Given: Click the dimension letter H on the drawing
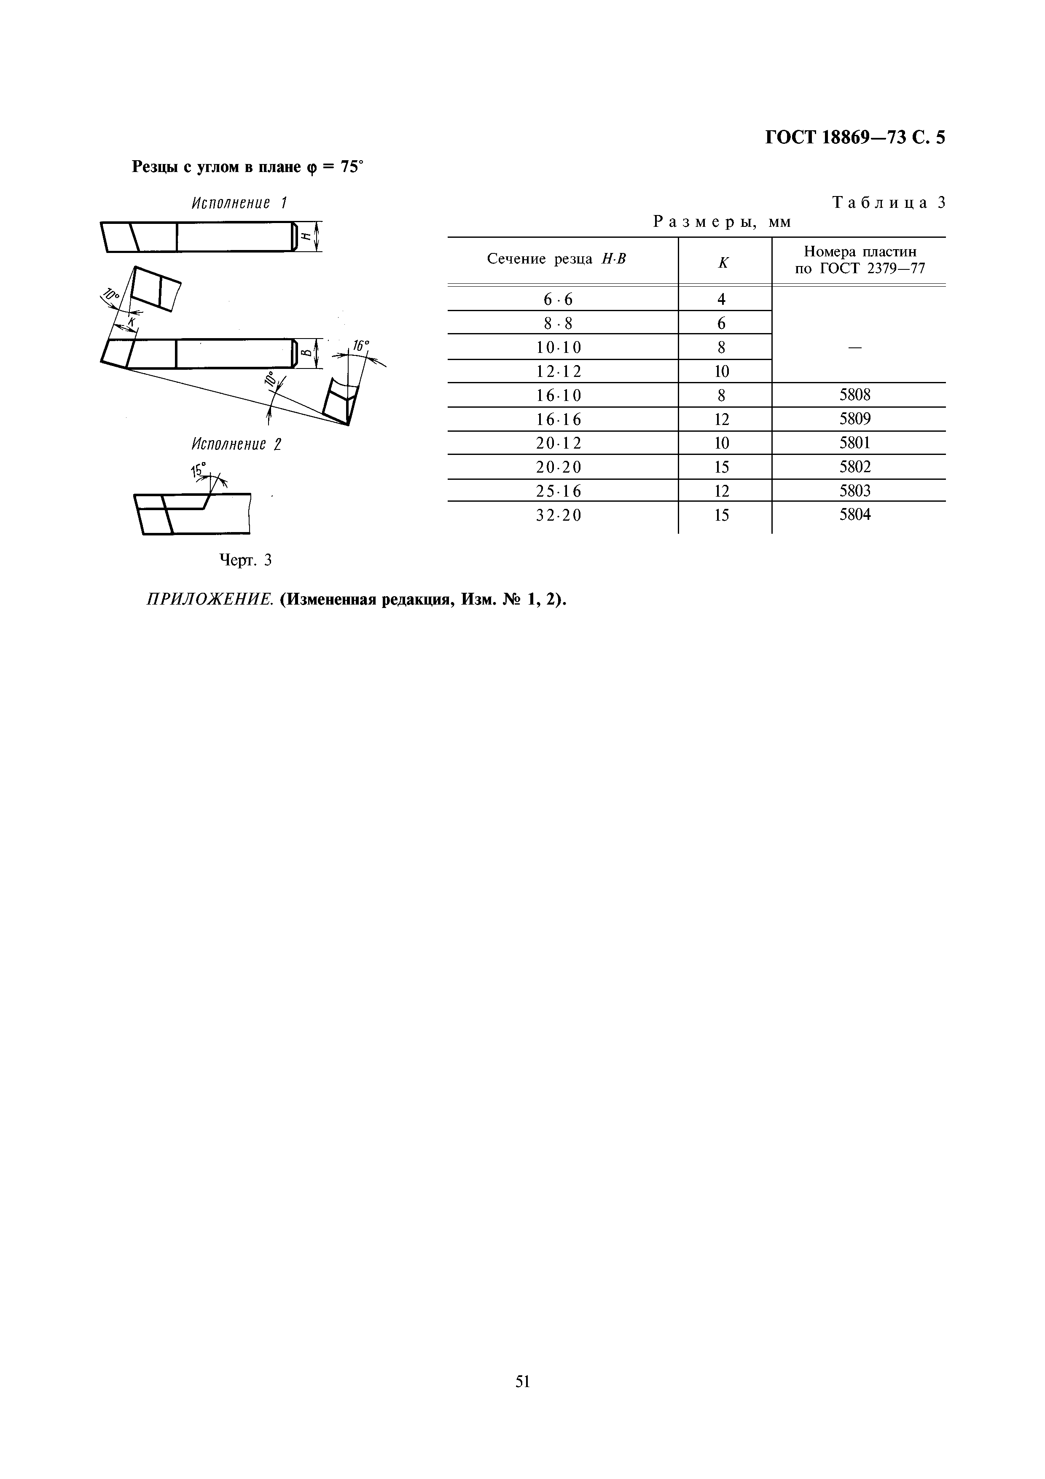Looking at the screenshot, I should [306, 237].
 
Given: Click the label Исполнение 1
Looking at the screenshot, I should [239, 204].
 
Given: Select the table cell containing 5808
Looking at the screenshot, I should [854, 395].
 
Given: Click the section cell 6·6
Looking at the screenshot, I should [558, 299].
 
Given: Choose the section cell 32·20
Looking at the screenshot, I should [558, 515].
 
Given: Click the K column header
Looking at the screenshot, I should [723, 262].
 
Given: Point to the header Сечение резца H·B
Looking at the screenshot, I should [556, 259].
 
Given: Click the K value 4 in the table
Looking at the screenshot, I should [722, 299].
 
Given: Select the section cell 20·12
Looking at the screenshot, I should [558, 443].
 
